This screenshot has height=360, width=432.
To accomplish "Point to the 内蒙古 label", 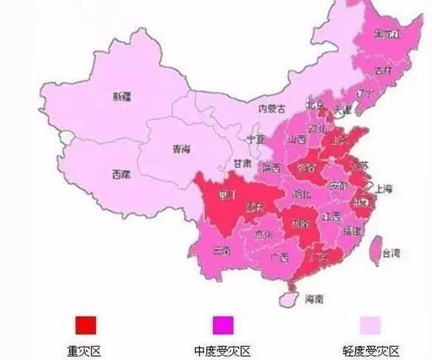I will click(x=271, y=108).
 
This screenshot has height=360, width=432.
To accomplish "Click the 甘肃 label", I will click(x=242, y=163).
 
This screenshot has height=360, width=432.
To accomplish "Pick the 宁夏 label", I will click(x=255, y=139).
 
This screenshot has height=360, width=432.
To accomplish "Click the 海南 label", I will click(x=314, y=299).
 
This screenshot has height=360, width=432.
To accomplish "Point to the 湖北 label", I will click(x=301, y=194).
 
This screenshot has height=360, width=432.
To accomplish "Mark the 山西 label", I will click(x=298, y=139).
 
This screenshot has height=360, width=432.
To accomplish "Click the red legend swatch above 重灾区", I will click(x=85, y=324).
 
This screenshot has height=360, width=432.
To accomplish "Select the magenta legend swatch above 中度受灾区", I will click(x=223, y=324).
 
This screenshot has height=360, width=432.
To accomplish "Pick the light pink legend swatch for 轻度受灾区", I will click(x=371, y=324).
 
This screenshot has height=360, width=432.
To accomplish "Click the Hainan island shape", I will click(x=286, y=295).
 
